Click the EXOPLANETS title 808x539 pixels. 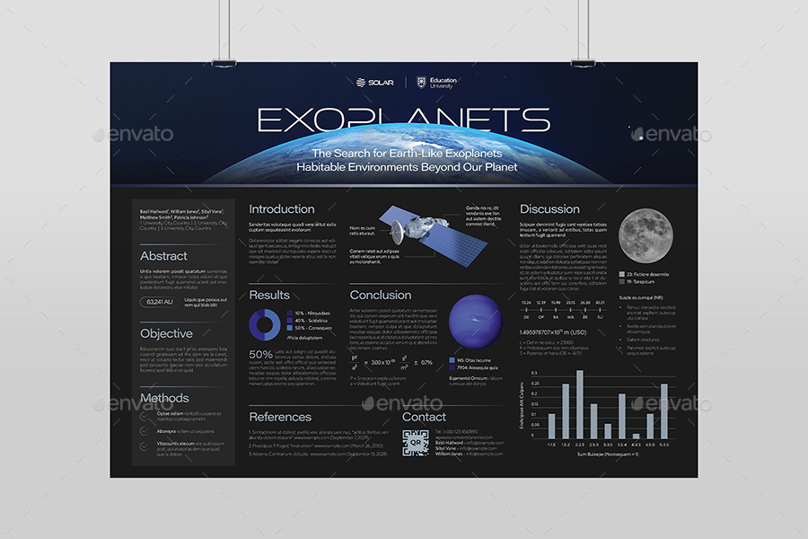coord(403,119)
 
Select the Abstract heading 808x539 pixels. coord(163,256)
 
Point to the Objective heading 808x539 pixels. coord(166,333)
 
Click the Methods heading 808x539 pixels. coord(164,398)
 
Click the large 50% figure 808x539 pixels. coord(260,355)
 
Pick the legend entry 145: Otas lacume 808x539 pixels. coord(476,360)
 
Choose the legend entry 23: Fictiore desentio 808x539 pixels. coord(644,274)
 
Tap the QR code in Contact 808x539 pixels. coord(416,444)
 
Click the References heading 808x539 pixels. coord(280,417)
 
